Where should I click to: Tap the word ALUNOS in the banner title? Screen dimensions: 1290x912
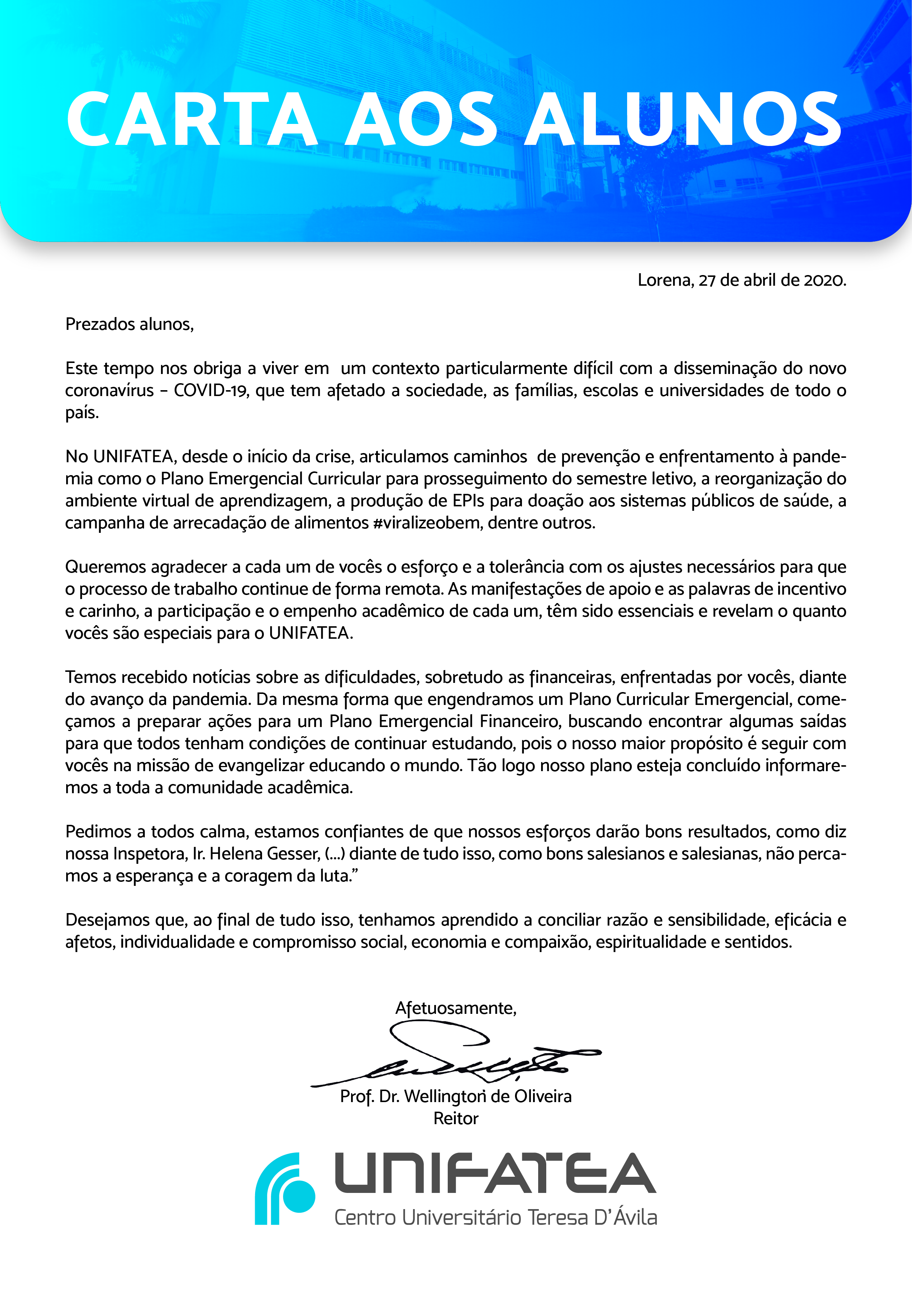pyautogui.click(x=682, y=119)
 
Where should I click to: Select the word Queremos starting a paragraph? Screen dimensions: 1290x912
pyautogui.click(x=105, y=567)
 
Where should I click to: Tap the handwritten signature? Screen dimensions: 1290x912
pyautogui.click(x=455, y=1056)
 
